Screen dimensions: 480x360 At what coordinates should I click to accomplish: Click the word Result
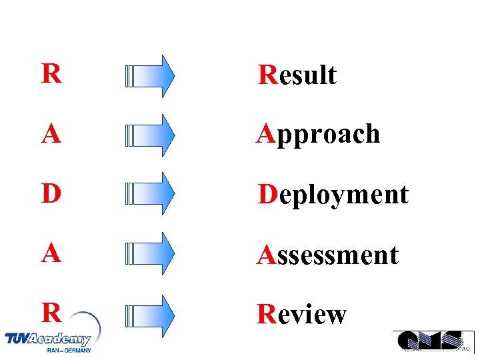click(297, 75)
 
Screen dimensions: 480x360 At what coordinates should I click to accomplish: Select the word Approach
click(319, 135)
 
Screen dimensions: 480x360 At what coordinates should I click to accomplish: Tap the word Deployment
click(333, 195)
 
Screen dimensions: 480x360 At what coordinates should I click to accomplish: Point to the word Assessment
click(328, 255)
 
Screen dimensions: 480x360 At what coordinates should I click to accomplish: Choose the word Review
click(302, 314)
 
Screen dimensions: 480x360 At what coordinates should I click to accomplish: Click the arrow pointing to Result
click(150, 76)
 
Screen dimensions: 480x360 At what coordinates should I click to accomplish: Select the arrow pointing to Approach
click(150, 135)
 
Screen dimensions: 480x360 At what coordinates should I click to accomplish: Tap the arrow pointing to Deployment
click(150, 194)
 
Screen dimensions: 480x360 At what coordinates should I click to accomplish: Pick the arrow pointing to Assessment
click(150, 254)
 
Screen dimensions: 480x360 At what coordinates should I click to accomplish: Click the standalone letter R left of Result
click(51, 74)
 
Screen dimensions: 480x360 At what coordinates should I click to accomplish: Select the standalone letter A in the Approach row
click(51, 134)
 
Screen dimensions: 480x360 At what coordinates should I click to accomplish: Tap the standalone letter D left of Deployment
click(51, 194)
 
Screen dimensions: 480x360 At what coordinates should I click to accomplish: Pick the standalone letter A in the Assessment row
click(51, 254)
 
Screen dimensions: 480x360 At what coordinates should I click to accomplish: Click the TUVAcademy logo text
click(47, 339)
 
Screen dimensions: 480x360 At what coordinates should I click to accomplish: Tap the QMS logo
click(429, 341)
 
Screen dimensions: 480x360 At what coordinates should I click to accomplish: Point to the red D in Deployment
click(267, 195)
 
